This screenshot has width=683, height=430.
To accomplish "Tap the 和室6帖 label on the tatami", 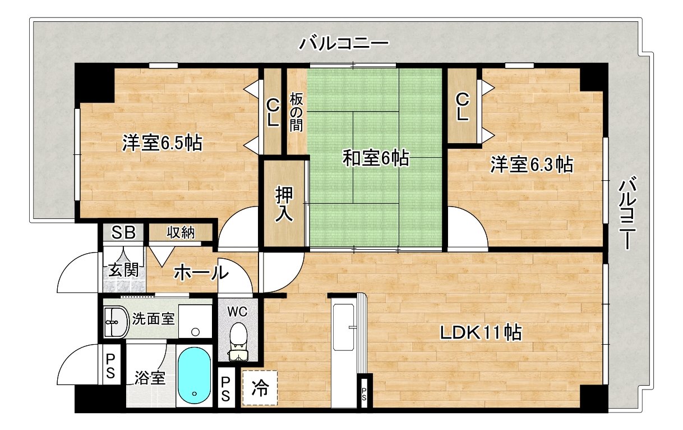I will click(376, 159).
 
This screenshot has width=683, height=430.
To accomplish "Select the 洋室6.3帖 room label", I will click(532, 164).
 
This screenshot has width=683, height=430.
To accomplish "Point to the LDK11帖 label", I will click(481, 333).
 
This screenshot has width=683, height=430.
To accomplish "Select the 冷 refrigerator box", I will click(260, 387).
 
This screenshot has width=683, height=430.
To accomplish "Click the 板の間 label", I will click(296, 112).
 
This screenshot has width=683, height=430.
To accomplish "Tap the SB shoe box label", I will click(123, 232).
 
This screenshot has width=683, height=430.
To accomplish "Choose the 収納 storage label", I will click(181, 232).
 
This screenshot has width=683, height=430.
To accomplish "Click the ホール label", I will click(201, 273).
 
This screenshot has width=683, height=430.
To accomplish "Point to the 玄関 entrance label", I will click(123, 270).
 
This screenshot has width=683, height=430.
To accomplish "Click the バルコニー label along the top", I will click(344, 43).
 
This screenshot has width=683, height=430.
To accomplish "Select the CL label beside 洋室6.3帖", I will click(462, 107).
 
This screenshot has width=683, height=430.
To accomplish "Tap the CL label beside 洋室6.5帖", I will click(273, 112).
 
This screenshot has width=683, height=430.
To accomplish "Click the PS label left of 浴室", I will click(110, 365).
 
